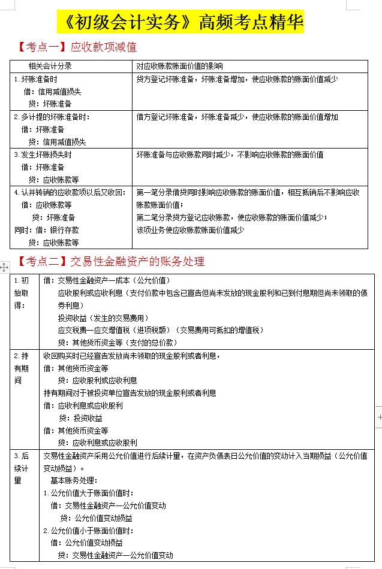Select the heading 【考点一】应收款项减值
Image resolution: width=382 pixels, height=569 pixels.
(x=77, y=47)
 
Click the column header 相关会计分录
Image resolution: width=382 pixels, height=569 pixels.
(x=50, y=66)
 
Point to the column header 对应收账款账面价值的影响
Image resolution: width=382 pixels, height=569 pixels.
(x=179, y=66)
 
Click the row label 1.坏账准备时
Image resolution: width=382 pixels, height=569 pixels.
(x=36, y=79)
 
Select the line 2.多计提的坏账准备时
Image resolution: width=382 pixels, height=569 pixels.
(x=52, y=117)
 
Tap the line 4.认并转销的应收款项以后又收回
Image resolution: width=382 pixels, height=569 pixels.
(x=70, y=192)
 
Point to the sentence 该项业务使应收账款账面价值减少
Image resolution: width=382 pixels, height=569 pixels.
(x=190, y=230)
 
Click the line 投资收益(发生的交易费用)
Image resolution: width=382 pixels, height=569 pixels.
(x=103, y=317)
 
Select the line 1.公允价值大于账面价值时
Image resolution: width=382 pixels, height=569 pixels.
(x=88, y=493)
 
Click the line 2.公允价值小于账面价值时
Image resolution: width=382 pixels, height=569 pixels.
(x=88, y=531)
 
